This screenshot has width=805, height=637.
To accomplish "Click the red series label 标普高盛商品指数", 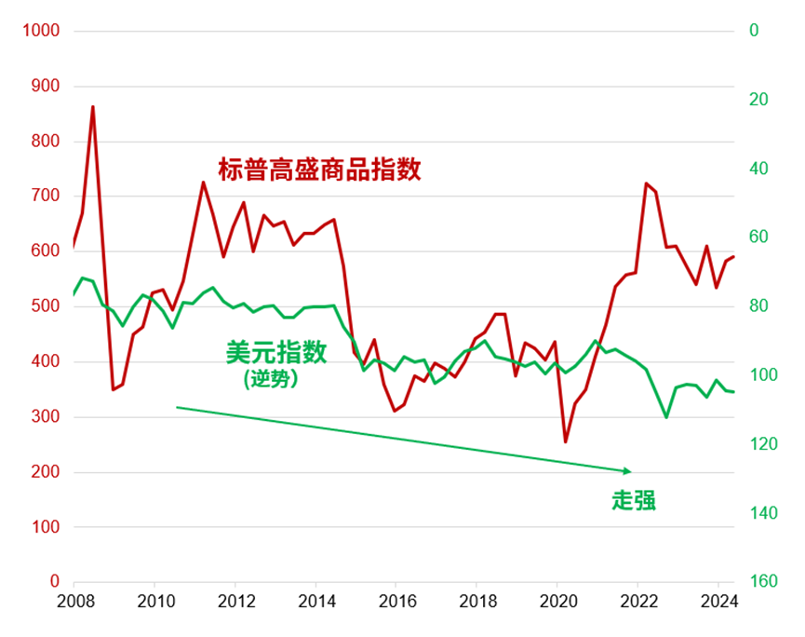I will click(319, 169).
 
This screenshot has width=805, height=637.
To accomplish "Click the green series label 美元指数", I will click(276, 351).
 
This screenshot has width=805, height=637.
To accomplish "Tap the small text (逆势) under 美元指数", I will click(271, 378).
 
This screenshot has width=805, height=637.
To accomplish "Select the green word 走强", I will click(634, 500).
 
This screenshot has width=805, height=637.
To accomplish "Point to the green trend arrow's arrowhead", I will click(628, 470).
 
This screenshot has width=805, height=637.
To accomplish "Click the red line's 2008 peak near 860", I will click(92, 107).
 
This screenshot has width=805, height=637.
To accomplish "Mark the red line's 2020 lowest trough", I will click(565, 441).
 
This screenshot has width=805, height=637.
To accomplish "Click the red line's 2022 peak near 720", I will click(645, 183).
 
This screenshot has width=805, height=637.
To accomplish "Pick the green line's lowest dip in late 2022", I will click(666, 416).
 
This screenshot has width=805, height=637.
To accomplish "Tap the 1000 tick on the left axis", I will click(41, 31).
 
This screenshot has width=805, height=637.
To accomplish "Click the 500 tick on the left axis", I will click(46, 306).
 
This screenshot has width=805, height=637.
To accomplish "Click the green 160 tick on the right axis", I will click(761, 582).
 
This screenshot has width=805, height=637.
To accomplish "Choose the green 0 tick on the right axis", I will click(754, 31).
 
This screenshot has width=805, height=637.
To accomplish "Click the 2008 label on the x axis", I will click(74, 601).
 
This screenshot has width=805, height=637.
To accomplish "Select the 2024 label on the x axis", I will click(718, 601).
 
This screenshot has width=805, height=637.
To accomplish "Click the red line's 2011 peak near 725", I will click(203, 183).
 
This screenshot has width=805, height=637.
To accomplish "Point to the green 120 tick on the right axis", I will click(761, 444).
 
